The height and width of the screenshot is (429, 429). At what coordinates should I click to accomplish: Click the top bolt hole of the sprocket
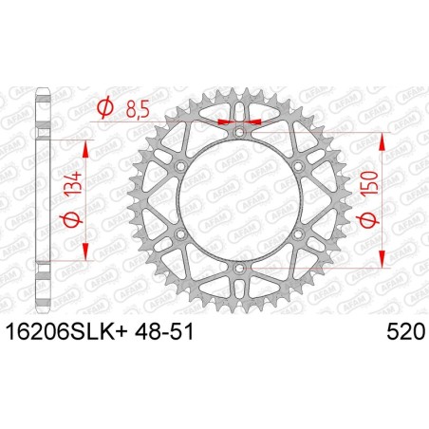coord(238,133)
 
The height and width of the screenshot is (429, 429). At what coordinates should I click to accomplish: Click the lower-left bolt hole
coord(179,235)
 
